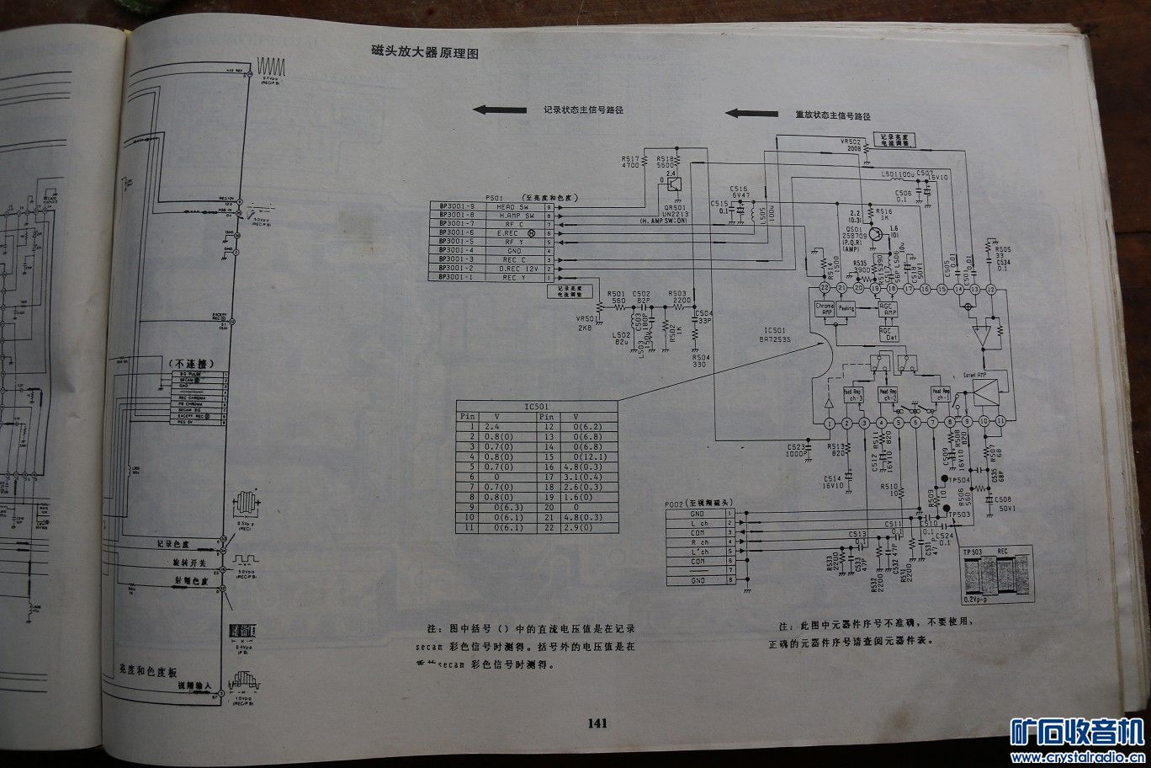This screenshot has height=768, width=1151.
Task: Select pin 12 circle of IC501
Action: click(x=990, y=289)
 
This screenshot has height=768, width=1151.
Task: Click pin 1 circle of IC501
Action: click(x=830, y=422)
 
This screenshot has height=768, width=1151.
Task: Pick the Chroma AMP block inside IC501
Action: click(x=825, y=308)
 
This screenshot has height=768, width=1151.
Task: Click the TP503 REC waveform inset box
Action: click(x=998, y=574)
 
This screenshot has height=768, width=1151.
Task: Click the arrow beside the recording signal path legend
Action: click(x=500, y=109)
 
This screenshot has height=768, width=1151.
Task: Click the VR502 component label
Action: click(x=851, y=141)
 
